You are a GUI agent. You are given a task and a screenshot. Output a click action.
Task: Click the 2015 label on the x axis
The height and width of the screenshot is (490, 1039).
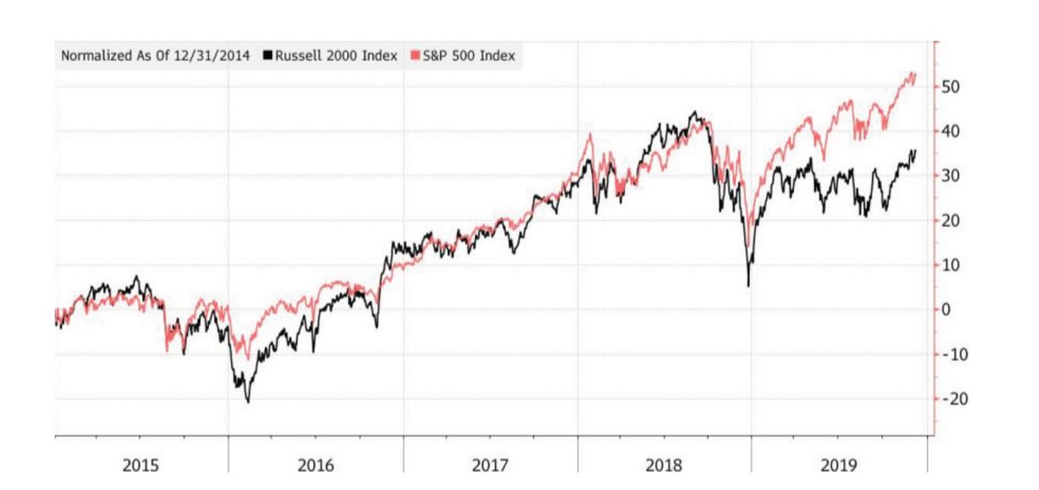point(140,466)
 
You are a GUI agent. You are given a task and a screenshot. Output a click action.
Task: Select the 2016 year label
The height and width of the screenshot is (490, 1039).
point(316,466)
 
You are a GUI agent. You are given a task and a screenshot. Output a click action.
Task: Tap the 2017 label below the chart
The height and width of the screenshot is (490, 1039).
point(490,466)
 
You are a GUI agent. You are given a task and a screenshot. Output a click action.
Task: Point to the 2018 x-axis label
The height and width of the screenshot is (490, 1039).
point(664,466)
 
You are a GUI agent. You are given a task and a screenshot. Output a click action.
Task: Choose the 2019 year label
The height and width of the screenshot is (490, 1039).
point(838,466)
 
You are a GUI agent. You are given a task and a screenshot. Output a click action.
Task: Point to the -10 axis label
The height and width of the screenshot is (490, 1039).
point(957,354)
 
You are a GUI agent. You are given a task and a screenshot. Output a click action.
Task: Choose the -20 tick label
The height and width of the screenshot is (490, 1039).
point(957,399)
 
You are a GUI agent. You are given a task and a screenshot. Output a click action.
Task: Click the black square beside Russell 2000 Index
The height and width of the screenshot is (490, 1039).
point(268,56)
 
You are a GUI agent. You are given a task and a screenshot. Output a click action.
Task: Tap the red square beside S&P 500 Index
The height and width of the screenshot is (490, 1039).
point(415,56)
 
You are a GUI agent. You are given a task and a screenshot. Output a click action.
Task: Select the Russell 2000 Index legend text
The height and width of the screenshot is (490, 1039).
point(336,56)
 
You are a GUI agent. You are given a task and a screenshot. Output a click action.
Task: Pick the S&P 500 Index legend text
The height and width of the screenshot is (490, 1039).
point(468,56)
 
